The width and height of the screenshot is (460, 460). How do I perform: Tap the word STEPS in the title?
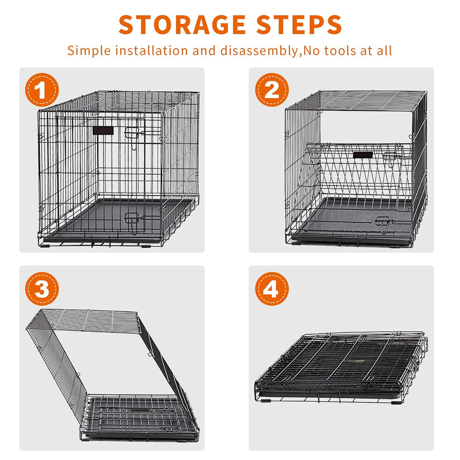(299, 24)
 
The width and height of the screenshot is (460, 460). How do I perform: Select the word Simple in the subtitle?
(89, 51)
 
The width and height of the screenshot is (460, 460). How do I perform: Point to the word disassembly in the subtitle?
(259, 50)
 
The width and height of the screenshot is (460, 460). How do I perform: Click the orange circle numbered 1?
(42, 90)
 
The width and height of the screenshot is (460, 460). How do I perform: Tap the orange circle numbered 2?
(272, 90)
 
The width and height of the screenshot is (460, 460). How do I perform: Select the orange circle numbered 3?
(42, 288)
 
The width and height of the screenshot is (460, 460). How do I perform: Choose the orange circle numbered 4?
(272, 288)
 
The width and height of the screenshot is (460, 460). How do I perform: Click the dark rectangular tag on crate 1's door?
(103, 130)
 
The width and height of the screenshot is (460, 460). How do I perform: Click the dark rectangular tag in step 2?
(363, 155)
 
